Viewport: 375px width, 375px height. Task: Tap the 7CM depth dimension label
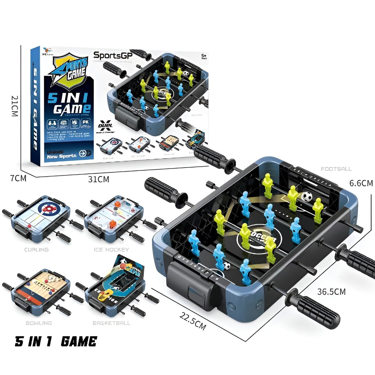pos(18,179)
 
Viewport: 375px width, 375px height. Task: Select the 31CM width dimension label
pos(99,179)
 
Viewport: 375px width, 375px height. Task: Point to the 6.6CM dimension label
pos(361,183)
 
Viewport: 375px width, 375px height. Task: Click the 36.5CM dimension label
pos(331,292)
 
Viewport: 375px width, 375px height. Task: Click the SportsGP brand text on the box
pos(113,55)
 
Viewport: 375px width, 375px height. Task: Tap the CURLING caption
pos(37,250)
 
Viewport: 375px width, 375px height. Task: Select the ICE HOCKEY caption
pos(111,250)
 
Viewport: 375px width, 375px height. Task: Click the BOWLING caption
pos(39,323)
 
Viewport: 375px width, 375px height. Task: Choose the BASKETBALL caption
pos(112,323)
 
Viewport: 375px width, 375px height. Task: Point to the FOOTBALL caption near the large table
pos(336,169)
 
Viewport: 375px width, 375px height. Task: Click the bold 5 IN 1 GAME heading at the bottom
pos(56,342)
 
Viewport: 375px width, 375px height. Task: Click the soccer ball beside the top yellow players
pos(307,196)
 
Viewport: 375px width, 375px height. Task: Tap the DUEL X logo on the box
pos(105,126)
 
